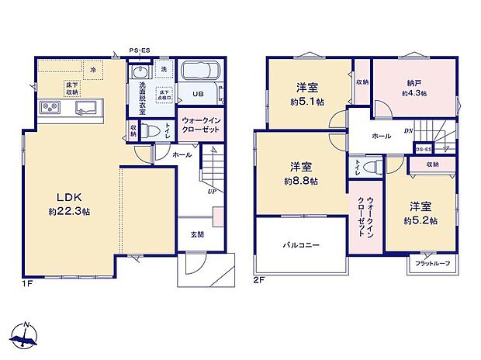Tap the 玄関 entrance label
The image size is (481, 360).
197,235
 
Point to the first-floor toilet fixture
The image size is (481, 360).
154,130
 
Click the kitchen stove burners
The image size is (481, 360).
47,107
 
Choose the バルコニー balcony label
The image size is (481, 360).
301,246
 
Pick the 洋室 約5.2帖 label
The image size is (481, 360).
424,213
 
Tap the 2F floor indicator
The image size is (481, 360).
258,280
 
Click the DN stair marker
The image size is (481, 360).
410,131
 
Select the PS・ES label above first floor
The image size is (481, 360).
140,52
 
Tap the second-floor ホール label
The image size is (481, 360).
381,135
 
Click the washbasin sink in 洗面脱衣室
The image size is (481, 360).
140,73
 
